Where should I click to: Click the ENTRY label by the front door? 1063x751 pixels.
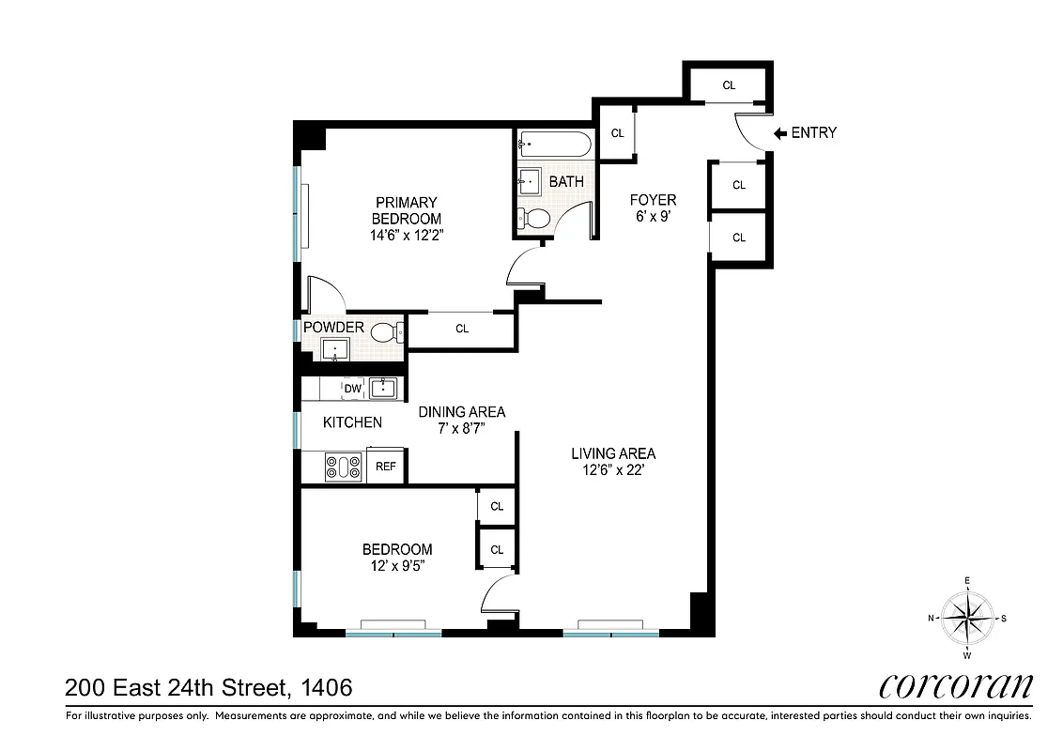pyautogui.click(x=813, y=133)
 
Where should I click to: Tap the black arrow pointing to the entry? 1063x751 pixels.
pyautogui.click(x=779, y=133)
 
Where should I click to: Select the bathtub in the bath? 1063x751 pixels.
pyautogui.click(x=555, y=146)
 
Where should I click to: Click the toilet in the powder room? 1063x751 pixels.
pyautogui.click(x=386, y=331)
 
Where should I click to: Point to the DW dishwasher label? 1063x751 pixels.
pyautogui.click(x=352, y=389)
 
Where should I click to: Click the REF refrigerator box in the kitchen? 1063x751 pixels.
pyautogui.click(x=385, y=466)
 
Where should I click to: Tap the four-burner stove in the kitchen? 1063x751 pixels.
pyautogui.click(x=344, y=467)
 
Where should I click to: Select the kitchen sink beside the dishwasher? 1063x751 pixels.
pyautogui.click(x=383, y=389)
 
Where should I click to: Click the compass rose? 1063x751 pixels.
pyautogui.click(x=967, y=618)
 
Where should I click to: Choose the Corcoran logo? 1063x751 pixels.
pyautogui.click(x=955, y=686)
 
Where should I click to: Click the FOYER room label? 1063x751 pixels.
pyautogui.click(x=653, y=200)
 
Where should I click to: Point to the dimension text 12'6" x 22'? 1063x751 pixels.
pyautogui.click(x=613, y=470)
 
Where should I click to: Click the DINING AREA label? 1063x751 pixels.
pyautogui.click(x=462, y=412)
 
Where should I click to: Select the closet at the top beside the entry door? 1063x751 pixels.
pyautogui.click(x=729, y=85)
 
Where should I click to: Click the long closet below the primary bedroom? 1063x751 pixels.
pyautogui.click(x=461, y=330)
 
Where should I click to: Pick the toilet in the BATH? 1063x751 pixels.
pyautogui.click(x=535, y=219)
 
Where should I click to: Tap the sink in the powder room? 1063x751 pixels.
pyautogui.click(x=335, y=351)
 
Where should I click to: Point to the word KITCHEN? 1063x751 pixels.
pyautogui.click(x=352, y=422)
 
